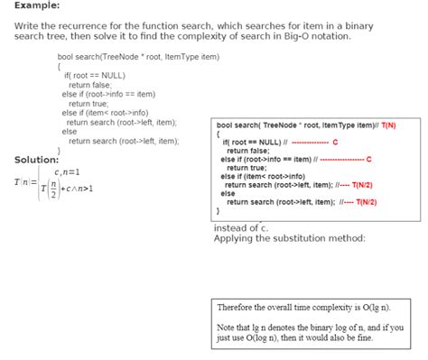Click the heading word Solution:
(x=37, y=160)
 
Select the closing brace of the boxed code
(x=219, y=211)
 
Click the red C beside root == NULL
(x=334, y=143)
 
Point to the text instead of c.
(x=241, y=228)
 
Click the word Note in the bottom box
(x=227, y=327)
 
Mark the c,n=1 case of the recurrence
(x=67, y=171)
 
